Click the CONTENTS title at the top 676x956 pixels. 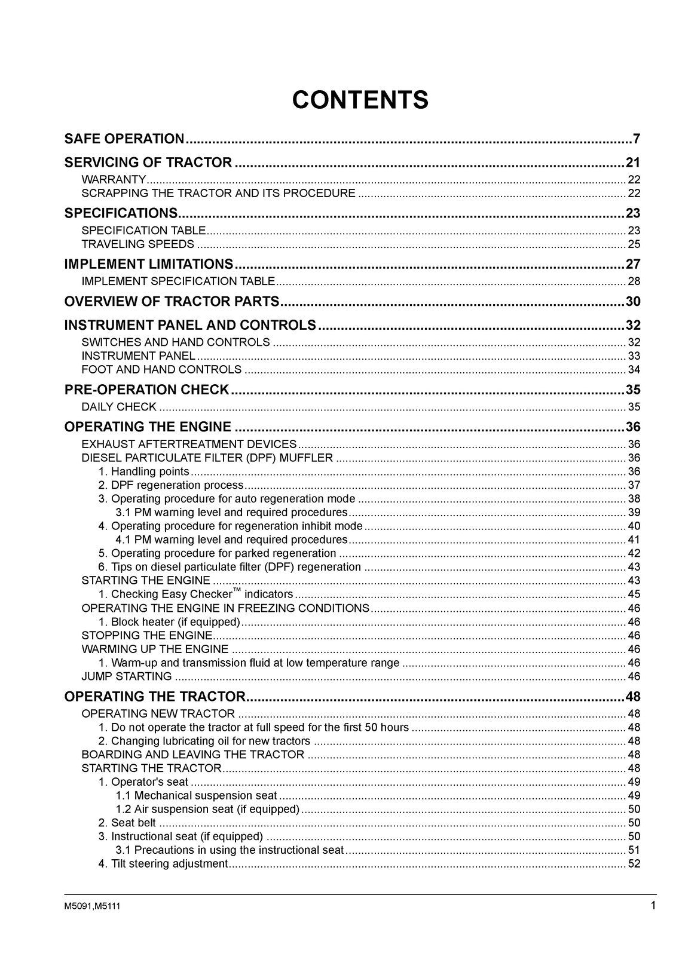pyautogui.click(x=360, y=100)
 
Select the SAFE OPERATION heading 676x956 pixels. pyautogui.click(x=124, y=139)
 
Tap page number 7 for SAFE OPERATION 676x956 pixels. pyautogui.click(x=637, y=139)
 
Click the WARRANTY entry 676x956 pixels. pyautogui.click(x=114, y=179)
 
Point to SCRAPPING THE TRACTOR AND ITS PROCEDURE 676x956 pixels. pyautogui.click(x=218, y=193)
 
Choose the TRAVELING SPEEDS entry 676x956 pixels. pyautogui.click(x=137, y=244)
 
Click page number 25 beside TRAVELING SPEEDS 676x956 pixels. pyautogui.click(x=634, y=244)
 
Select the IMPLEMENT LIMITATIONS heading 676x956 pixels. pyautogui.click(x=148, y=264)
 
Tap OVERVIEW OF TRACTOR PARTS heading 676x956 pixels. pyautogui.click(x=172, y=301)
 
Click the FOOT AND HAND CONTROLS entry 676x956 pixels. pyautogui.click(x=161, y=369)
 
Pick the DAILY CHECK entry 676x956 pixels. pyautogui.click(x=119, y=407)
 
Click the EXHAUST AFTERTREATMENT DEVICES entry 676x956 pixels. pyautogui.click(x=189, y=444)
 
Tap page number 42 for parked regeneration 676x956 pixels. pyautogui.click(x=634, y=553)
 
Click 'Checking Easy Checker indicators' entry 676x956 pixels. pyautogui.click(x=196, y=595)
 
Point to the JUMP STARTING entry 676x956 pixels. pyautogui.click(x=127, y=676)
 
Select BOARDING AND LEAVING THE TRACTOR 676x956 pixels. pyautogui.click(x=192, y=755)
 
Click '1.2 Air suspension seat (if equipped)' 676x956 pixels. pyautogui.click(x=207, y=809)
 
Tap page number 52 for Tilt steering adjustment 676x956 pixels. pyautogui.click(x=634, y=863)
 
